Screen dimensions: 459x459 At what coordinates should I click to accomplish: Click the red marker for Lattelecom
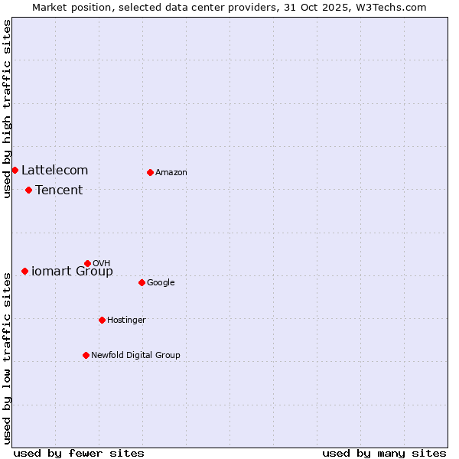click(15, 170)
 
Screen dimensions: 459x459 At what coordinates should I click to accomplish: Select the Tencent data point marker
click(28, 190)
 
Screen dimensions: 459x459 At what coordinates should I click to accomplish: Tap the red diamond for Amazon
click(150, 172)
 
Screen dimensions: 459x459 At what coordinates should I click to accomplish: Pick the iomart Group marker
click(24, 271)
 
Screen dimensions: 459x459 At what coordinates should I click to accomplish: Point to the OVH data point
click(87, 263)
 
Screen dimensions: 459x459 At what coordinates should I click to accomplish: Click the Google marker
click(142, 282)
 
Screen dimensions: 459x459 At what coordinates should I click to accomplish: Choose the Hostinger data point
click(102, 320)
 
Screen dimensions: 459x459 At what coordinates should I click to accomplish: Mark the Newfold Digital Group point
click(86, 355)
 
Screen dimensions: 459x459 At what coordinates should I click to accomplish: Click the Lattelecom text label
click(54, 170)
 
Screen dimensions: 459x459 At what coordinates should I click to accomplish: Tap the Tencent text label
click(59, 190)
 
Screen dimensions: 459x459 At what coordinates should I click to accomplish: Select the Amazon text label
click(171, 172)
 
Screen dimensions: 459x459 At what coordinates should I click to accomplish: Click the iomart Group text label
click(72, 271)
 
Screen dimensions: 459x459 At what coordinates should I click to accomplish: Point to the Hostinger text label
click(126, 320)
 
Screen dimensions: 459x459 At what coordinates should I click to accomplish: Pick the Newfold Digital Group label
click(135, 355)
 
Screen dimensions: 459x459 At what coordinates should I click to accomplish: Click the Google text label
click(161, 282)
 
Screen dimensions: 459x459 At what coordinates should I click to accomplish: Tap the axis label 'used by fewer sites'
click(79, 453)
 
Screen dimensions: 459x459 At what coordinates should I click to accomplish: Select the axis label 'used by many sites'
click(384, 453)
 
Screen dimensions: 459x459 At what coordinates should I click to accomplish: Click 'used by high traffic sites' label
click(7, 109)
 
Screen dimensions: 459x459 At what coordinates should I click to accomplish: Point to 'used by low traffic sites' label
click(7, 358)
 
